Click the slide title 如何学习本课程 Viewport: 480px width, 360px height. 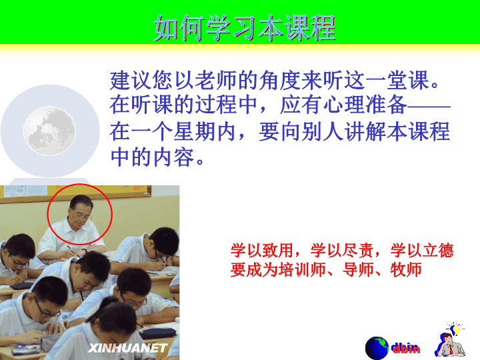pos(244,27)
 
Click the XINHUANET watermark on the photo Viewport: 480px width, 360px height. pos(127,348)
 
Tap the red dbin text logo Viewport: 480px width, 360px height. pos(405,348)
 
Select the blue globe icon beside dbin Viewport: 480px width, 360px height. pos(377,348)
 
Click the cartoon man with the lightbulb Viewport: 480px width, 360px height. pos(450,340)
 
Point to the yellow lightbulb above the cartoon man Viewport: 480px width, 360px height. pos(456,329)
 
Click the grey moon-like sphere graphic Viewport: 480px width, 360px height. pos(49,131)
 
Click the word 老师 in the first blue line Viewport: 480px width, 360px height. pos(205,80)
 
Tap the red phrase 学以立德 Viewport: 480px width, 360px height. pos(422,250)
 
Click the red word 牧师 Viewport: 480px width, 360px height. pos(406,270)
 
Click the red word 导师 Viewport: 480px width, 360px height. pos(358,270)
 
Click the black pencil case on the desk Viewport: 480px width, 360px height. pos(159,332)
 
